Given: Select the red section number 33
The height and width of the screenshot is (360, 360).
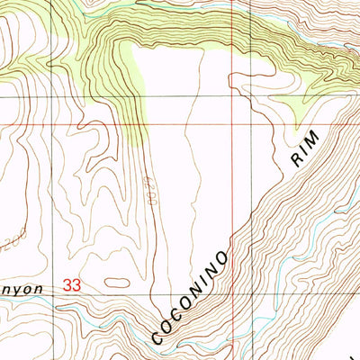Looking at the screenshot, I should click(x=73, y=285).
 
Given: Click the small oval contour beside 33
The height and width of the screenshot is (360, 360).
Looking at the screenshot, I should click(x=117, y=282).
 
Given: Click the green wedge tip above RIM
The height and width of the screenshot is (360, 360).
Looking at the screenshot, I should click(x=298, y=120).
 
